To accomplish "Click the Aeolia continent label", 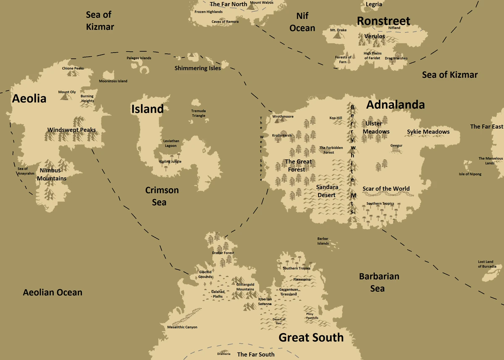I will point(29,99).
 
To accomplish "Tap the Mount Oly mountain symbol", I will point(64,97).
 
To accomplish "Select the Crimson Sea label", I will point(162,196).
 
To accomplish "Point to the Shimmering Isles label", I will point(197,68).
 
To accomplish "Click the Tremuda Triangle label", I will point(199,113).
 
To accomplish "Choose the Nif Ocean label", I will point(302,22).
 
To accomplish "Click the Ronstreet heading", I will point(383,21).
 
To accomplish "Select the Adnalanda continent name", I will point(395,105).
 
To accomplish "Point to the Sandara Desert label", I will point(326,191).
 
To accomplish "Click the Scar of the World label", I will point(386,189).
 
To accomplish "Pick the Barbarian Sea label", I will point(379,282).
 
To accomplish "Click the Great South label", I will point(311,337).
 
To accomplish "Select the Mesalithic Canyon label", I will point(182,327).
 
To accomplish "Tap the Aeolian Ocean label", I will point(52,292).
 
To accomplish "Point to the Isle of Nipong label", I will point(470,174).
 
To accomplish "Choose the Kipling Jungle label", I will point(170,162).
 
